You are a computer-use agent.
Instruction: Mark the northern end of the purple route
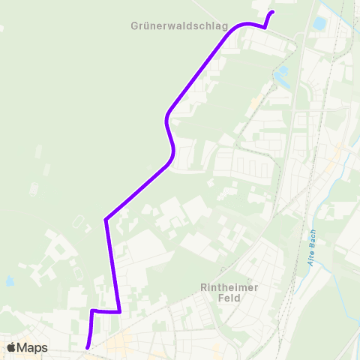(272, 12)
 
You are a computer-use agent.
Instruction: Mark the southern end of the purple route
(88, 347)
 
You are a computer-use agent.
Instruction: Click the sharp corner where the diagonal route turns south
(106, 220)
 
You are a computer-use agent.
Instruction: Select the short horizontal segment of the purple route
(106, 311)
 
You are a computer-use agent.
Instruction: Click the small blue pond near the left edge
(9, 282)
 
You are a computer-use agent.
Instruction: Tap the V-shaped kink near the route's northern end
(265, 27)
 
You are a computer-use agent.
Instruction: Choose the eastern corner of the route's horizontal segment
(120, 312)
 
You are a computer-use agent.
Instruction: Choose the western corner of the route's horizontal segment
(91, 310)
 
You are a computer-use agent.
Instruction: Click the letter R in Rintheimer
(203, 286)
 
